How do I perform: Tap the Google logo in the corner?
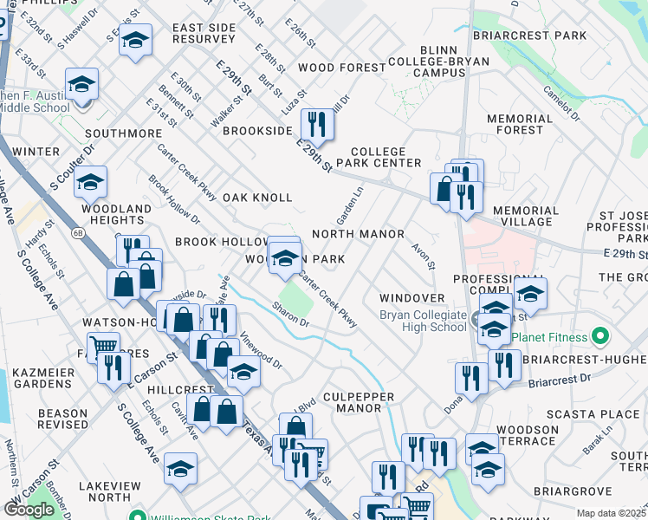(29, 510)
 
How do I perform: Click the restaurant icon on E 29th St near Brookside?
(320, 124)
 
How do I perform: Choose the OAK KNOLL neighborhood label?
(257, 198)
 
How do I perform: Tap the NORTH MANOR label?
(358, 234)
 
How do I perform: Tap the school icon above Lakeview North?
(180, 469)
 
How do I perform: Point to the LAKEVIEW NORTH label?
(115, 491)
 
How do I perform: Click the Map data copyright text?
(612, 513)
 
